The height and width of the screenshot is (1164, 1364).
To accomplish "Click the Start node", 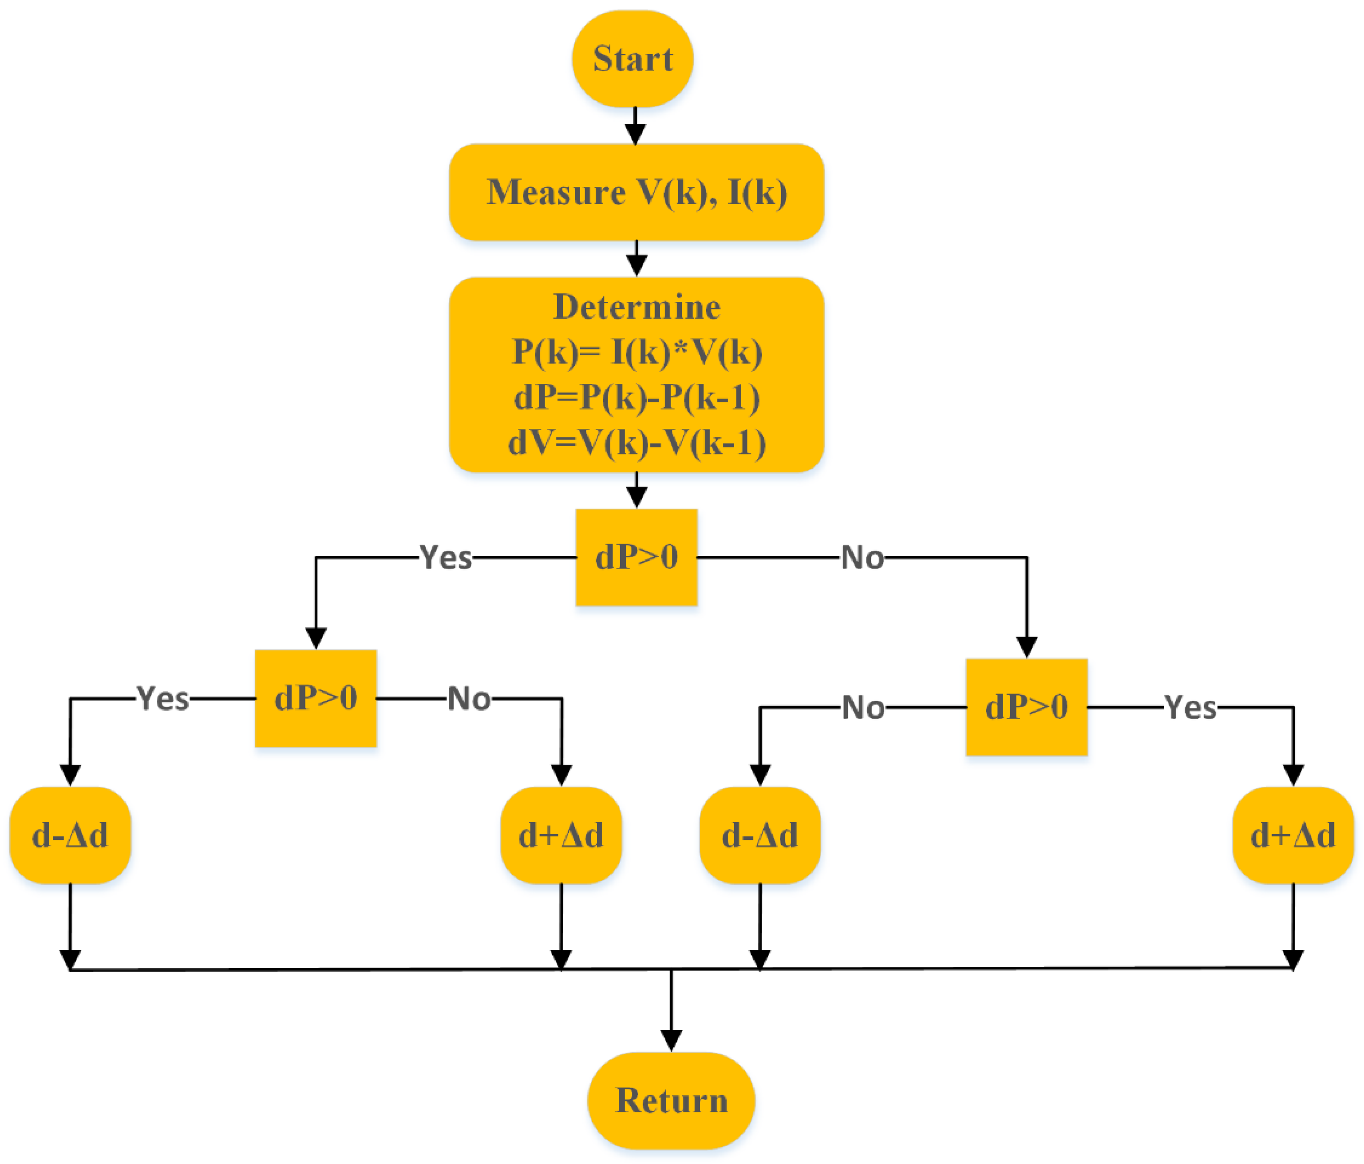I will coord(632,59).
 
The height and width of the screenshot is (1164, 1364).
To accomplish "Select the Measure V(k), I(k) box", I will coord(636,192).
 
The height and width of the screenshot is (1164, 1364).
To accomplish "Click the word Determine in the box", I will coord(637,307).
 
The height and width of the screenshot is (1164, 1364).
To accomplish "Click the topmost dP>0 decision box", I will coord(636,557).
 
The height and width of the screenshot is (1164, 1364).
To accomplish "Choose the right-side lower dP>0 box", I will coord(1026,707).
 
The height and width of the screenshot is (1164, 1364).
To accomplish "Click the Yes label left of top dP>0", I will coord(446,558).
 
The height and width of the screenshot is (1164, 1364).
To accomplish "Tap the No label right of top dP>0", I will coord(862,558).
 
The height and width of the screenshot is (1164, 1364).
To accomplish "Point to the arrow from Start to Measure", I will coord(635,127).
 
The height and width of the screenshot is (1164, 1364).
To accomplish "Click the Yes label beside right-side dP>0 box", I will coord(1190,708).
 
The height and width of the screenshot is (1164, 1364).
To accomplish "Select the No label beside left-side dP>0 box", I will coord(469,698).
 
